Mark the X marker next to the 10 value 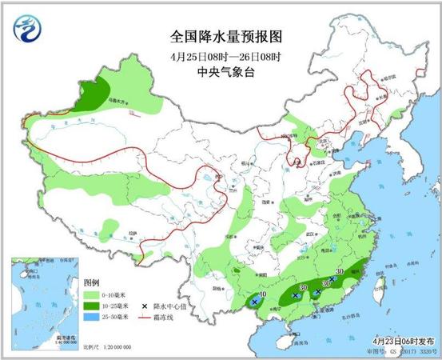click(253, 302)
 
